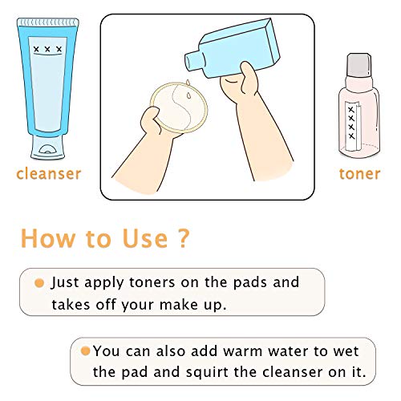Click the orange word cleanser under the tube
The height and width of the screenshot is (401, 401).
[48, 174]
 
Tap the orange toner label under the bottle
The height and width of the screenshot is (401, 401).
[359, 174]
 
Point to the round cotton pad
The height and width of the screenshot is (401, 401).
[179, 107]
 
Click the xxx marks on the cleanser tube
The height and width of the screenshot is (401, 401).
[47, 49]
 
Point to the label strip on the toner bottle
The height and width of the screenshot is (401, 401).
[353, 126]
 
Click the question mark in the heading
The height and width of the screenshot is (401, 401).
[183, 237]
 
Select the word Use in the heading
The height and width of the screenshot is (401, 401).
[145, 238]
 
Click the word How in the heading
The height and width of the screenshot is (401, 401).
[48, 238]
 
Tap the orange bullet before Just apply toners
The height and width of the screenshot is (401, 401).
[39, 283]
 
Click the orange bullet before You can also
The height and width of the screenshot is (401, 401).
[85, 350]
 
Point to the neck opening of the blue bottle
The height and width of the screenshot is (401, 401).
[188, 62]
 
